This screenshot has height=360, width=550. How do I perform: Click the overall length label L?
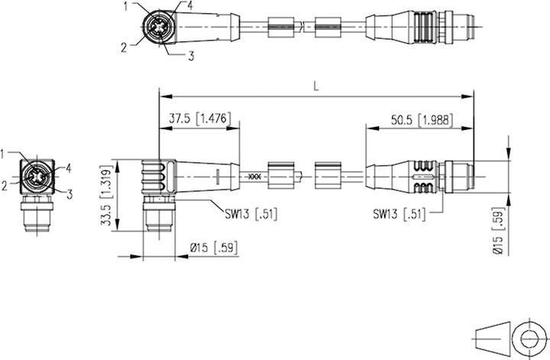pyautogui.click(x=316, y=86)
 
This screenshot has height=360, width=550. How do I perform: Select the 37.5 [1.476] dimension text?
pyautogui.click(x=200, y=118)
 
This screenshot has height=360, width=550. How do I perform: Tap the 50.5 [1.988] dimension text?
pyautogui.click(x=422, y=120)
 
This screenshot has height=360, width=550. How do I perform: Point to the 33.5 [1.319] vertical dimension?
pyautogui.click(x=108, y=196)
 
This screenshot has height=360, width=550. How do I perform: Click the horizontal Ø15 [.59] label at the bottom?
pyautogui.click(x=214, y=248)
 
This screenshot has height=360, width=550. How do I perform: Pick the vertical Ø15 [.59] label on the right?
pyautogui.click(x=498, y=232)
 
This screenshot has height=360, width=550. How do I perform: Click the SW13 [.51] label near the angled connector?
pyautogui.click(x=251, y=214)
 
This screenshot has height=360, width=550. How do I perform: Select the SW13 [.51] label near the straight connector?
pyautogui.click(x=400, y=214)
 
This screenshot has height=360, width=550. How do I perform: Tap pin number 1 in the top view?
pyautogui.click(x=126, y=6)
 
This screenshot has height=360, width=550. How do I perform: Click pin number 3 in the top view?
pyautogui.click(x=191, y=56)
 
